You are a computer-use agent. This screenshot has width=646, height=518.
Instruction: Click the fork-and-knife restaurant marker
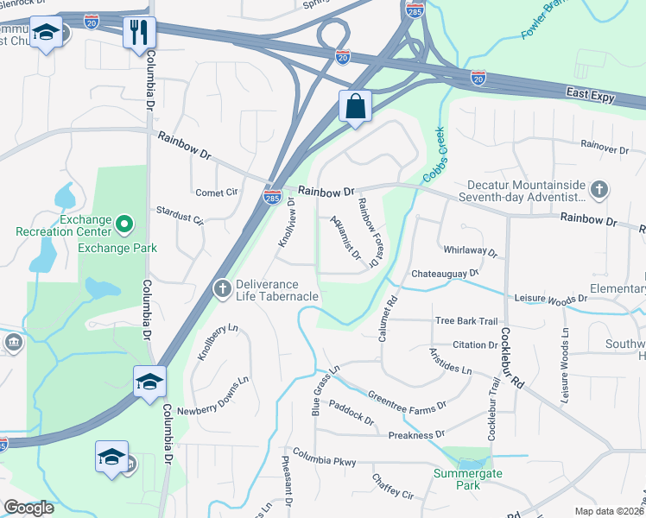point(138,34)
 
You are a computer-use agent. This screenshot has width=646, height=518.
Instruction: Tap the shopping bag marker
point(355,108)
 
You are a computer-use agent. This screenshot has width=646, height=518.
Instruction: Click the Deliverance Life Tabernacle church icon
point(223,287)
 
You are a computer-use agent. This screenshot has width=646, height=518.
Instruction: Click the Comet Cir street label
point(217,193)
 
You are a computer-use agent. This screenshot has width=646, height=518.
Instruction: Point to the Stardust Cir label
point(180,215)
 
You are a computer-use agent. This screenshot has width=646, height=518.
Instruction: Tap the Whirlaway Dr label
point(471,251)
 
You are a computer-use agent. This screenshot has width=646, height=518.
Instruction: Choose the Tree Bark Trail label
point(466,320)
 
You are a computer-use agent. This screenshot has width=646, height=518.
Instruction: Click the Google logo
point(28,508)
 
